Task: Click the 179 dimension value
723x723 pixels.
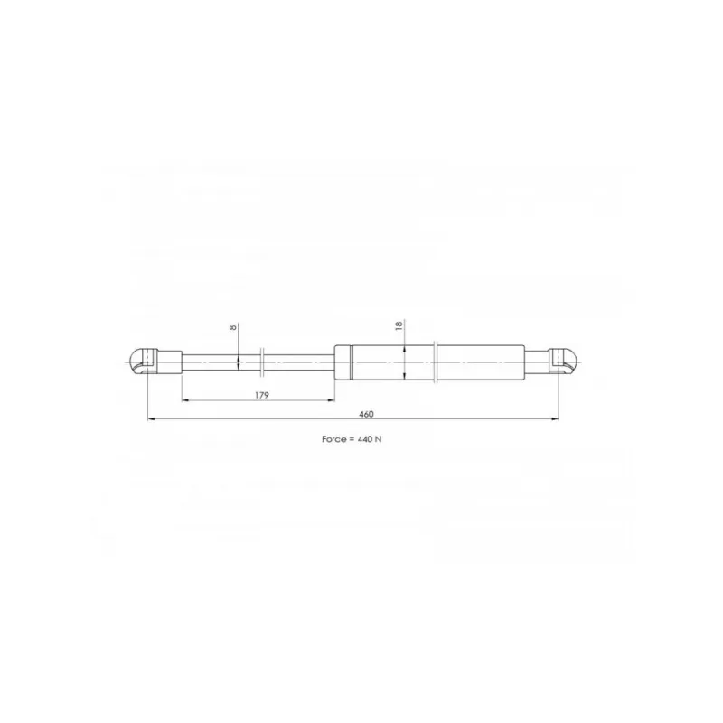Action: coord(261,395)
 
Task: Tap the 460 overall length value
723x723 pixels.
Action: coord(366,414)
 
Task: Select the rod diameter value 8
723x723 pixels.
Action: coord(233,327)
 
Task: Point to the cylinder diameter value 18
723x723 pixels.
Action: coord(399,325)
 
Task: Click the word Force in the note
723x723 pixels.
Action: coord(333,439)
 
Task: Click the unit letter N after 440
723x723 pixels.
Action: coord(378,439)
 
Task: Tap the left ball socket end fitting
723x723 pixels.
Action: coord(143,362)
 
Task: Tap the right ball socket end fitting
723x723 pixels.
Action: coord(563,362)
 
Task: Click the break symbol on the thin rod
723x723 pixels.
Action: coord(262,362)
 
